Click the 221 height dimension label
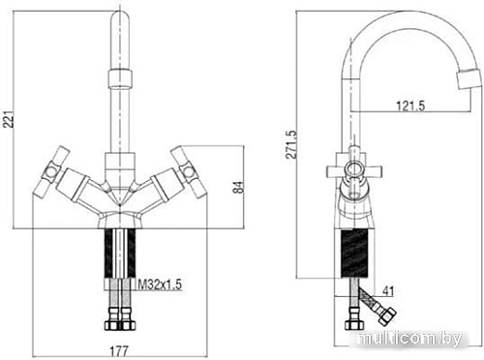pyautogui.click(x=10, y=119)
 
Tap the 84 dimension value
pyautogui.click(x=239, y=187)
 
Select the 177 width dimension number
pyautogui.click(x=119, y=350)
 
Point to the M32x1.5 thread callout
pyautogui.click(x=160, y=285)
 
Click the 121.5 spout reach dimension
pyautogui.click(x=410, y=105)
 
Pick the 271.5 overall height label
pyautogui.click(x=292, y=144)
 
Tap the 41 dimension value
pyautogui.click(x=387, y=291)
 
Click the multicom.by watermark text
pyautogui.click(x=410, y=339)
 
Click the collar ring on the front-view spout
pyautogui.click(x=119, y=78)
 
